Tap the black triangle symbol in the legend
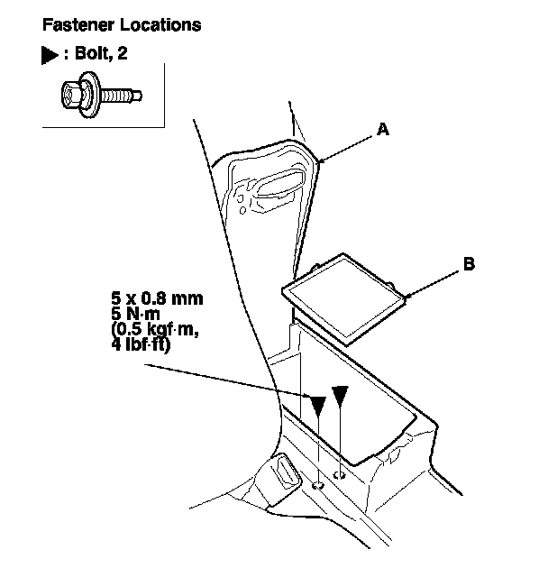[x=49, y=54]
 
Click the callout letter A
[x=382, y=130]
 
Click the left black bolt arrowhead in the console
[x=317, y=406]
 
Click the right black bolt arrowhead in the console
[x=339, y=396]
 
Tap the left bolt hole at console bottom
[x=318, y=485]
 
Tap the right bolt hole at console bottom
[x=339, y=475]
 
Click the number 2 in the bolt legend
[x=123, y=54]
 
